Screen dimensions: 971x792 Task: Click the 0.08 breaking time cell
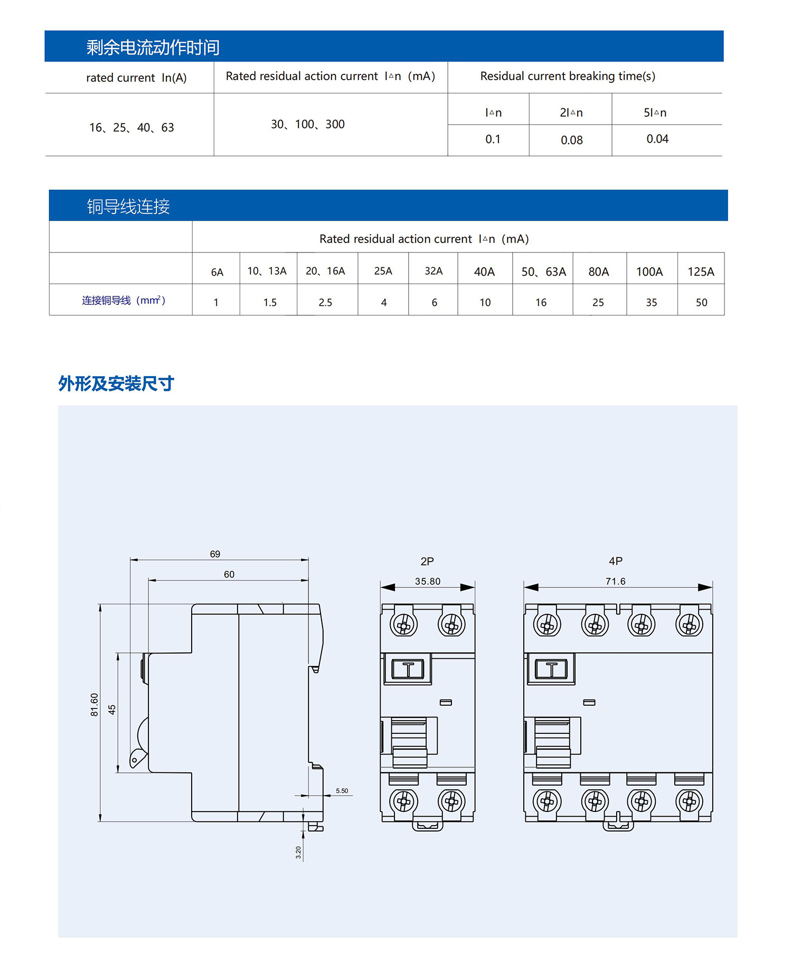(571, 140)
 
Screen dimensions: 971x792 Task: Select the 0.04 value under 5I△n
(657, 139)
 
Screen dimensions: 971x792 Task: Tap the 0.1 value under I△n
(493, 139)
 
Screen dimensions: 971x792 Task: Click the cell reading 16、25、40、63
(131, 127)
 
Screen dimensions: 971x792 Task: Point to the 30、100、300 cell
(308, 124)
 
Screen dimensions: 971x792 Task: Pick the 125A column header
(701, 272)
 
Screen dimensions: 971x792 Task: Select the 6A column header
(217, 272)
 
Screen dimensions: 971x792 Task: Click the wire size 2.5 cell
(325, 302)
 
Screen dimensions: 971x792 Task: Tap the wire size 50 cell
(701, 302)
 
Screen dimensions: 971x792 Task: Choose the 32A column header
(433, 271)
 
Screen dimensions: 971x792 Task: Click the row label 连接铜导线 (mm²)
(124, 301)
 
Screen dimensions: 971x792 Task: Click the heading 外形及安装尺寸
(116, 383)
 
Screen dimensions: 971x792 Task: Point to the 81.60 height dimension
(95, 705)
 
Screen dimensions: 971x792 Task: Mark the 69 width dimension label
(215, 554)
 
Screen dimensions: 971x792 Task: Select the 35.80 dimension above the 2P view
(428, 581)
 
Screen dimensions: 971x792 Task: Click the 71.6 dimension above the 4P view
(616, 581)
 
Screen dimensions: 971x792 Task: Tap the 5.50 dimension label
(342, 791)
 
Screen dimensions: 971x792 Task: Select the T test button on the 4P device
(551, 669)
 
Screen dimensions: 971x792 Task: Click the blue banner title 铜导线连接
(128, 206)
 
